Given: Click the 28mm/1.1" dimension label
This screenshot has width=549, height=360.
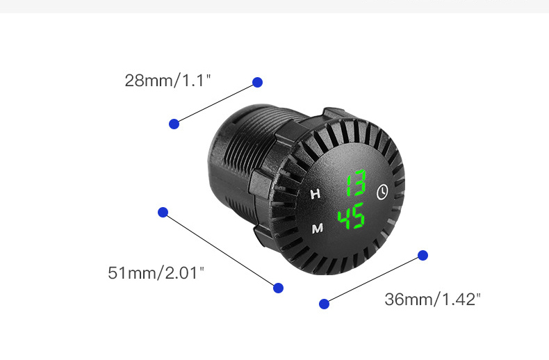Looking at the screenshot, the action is tap(167, 80).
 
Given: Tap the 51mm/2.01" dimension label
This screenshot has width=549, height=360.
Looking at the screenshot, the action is tap(156, 273).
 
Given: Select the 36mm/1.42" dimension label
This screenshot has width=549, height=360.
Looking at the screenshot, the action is tap(432, 300).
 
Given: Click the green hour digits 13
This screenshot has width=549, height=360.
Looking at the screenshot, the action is tap(356, 183).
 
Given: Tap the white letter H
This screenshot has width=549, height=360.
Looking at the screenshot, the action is tap(316, 194).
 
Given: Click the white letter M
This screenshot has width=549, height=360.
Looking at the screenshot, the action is tap(318, 229).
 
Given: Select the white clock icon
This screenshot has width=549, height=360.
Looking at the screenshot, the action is tap(382, 192).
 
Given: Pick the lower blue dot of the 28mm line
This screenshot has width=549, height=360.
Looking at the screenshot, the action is tap(174, 124).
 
